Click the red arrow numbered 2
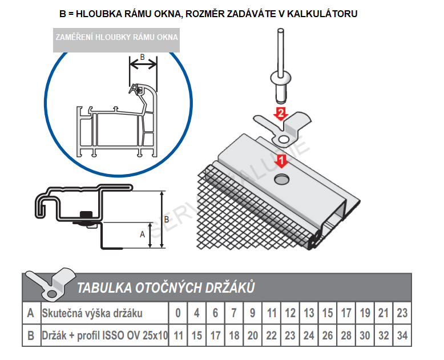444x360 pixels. point(280,112)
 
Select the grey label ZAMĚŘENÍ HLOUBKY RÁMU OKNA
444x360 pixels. point(116,38)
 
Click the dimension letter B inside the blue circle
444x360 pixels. point(143,57)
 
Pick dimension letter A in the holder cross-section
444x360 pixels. point(142,234)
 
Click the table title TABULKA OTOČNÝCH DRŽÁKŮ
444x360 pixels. point(166,288)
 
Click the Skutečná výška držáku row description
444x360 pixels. point(92,313)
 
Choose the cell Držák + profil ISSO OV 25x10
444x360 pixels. point(104,335)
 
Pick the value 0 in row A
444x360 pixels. point(178,313)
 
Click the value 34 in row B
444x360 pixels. point(402,335)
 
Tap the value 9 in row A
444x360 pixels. point(252,313)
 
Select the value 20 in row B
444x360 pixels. point(252,335)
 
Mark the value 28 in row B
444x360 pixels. point(346,335)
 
